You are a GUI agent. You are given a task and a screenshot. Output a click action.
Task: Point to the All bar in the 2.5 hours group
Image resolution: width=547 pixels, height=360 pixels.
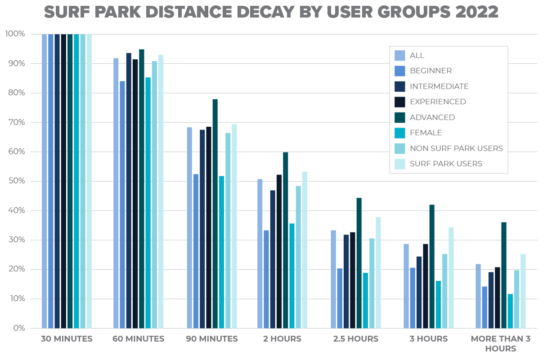pos(333,279)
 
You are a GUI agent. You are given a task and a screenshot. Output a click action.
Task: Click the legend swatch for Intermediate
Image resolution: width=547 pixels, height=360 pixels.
pos(399,86)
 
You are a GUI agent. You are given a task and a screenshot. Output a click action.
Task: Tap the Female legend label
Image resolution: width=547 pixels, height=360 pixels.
pos(426,133)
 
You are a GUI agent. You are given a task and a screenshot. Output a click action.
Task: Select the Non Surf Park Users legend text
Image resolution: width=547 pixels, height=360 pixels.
pos(456,148)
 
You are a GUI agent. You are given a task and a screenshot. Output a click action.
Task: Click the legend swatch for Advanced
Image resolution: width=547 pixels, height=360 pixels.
pos(399,117)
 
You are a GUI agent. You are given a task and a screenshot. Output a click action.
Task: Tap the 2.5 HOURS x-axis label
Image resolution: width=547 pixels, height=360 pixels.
pos(356,339)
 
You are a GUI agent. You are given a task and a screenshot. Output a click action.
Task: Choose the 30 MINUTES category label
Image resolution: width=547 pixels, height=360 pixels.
pos(67,339)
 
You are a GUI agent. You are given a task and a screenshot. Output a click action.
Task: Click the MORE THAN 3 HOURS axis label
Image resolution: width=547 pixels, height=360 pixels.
pos(500,343)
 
